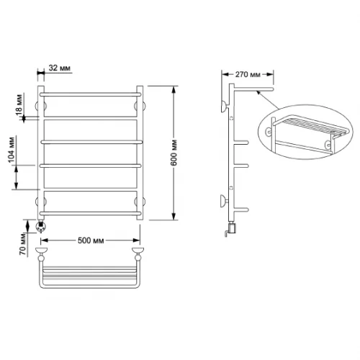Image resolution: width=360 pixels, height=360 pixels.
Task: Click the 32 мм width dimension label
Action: [x=60, y=68]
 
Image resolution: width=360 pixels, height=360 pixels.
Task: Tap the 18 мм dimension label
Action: [x=19, y=104]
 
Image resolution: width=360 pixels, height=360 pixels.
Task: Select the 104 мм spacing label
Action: [x=12, y=150]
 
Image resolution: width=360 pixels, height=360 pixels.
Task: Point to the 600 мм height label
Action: [x=174, y=153]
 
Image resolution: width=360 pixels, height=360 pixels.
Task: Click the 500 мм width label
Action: [x=91, y=240]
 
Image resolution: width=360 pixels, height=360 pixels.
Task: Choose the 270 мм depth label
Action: [x=248, y=75]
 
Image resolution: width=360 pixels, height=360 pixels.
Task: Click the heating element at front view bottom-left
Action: [x=40, y=227]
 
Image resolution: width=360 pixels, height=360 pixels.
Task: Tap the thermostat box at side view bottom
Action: [x=232, y=228]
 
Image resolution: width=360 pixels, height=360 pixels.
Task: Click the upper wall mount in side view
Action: [x=225, y=107]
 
